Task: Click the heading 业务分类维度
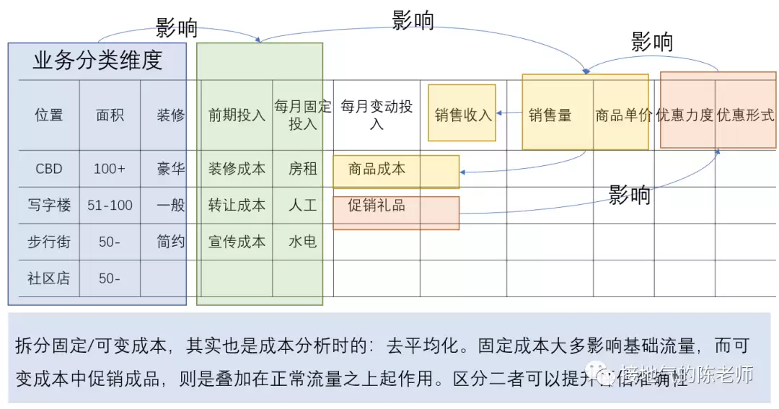[97, 61]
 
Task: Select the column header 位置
[49, 115]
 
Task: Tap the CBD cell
[49, 169]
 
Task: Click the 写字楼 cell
[49, 206]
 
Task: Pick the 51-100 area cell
[110, 206]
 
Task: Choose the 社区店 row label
[49, 278]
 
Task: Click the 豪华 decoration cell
[170, 169]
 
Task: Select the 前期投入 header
[237, 115]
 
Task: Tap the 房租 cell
[302, 169]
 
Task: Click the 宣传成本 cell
[237, 242]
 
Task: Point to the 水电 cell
[302, 242]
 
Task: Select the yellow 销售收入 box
[462, 115]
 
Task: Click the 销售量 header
[550, 115]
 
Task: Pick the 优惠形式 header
[745, 115]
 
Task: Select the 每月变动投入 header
[377, 115]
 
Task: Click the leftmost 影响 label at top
[176, 28]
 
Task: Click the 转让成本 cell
[237, 206]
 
